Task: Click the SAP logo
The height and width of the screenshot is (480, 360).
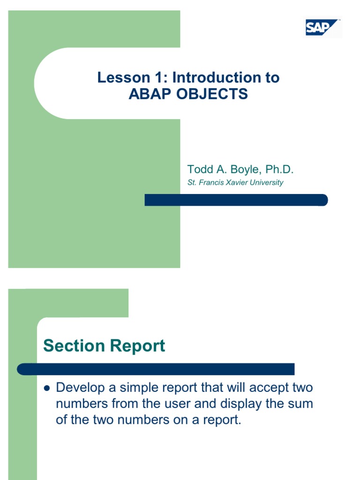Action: tap(323, 28)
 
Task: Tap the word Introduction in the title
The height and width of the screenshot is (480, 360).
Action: tap(216, 77)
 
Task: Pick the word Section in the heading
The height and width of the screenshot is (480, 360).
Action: tap(74, 346)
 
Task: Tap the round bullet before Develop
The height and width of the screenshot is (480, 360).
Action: tap(46, 388)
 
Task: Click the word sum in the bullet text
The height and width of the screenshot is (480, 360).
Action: tap(300, 404)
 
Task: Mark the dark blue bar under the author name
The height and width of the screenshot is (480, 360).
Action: tap(236, 200)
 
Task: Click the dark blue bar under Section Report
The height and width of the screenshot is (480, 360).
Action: tap(156, 369)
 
